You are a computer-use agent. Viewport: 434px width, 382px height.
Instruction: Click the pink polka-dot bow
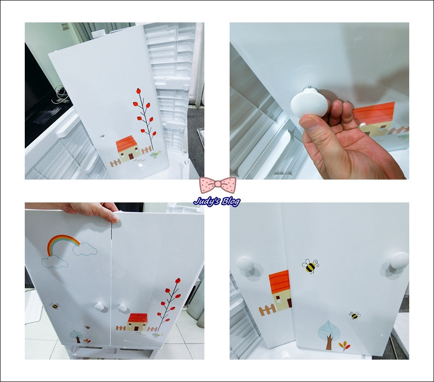click(218, 184)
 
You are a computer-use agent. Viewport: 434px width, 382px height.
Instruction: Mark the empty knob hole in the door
click(102, 137)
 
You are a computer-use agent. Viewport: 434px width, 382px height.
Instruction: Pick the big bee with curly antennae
click(310, 266)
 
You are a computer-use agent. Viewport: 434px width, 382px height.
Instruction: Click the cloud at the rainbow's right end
click(85, 249)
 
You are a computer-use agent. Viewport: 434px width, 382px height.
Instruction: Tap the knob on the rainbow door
click(100, 306)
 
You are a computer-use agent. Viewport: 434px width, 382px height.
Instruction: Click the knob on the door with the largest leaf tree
click(400, 261)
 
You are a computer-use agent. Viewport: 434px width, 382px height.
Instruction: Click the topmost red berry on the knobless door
click(138, 91)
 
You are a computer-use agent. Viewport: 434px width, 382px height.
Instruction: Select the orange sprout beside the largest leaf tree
click(344, 346)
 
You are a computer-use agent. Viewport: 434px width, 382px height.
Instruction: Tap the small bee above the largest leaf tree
click(354, 315)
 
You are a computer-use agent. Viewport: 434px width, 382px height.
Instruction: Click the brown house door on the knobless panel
click(131, 156)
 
